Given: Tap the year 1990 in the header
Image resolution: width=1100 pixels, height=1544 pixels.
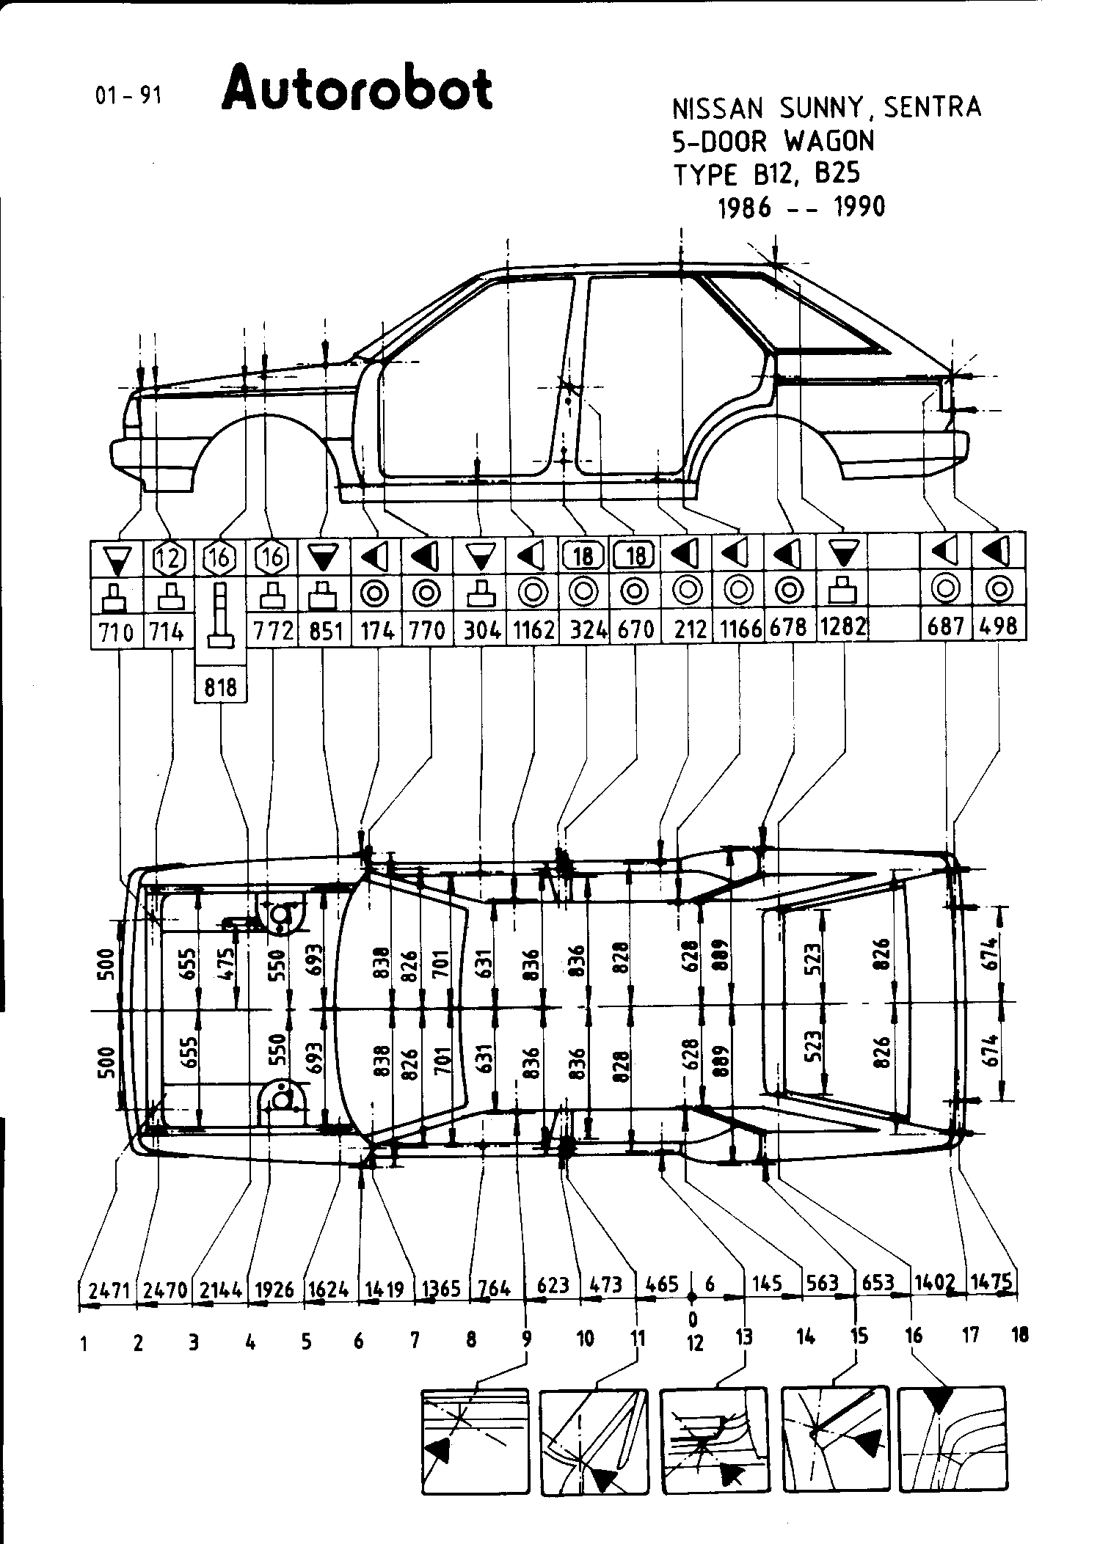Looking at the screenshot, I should coord(859,208).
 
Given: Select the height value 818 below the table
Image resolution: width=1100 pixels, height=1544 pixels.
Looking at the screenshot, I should coord(221,687).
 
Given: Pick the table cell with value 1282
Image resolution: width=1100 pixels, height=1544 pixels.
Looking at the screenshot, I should coord(843,629).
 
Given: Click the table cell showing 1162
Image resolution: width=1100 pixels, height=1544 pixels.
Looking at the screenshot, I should coord(533,629).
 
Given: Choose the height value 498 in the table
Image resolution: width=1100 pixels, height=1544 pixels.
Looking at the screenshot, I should coord(998,627).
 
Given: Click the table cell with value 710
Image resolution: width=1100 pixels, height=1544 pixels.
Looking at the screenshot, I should coord(115,630).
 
